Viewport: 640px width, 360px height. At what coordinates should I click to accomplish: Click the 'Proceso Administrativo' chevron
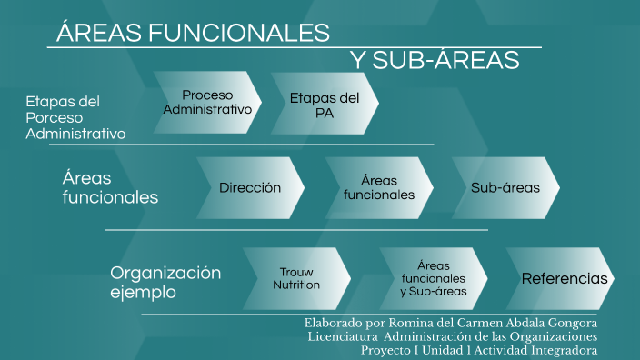(206, 102)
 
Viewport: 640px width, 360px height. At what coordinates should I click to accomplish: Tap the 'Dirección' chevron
(249, 188)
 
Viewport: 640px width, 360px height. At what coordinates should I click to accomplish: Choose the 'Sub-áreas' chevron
(505, 188)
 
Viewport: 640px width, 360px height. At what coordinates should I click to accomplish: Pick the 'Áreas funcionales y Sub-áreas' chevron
(433, 278)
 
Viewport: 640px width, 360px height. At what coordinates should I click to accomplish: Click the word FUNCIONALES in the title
(238, 33)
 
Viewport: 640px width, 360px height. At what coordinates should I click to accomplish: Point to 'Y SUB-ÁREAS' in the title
(435, 60)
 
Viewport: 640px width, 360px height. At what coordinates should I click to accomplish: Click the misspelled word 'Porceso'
(54, 117)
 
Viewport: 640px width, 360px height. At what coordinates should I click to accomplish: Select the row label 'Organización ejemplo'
(165, 283)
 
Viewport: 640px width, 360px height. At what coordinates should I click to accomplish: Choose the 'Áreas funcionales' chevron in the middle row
(379, 188)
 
